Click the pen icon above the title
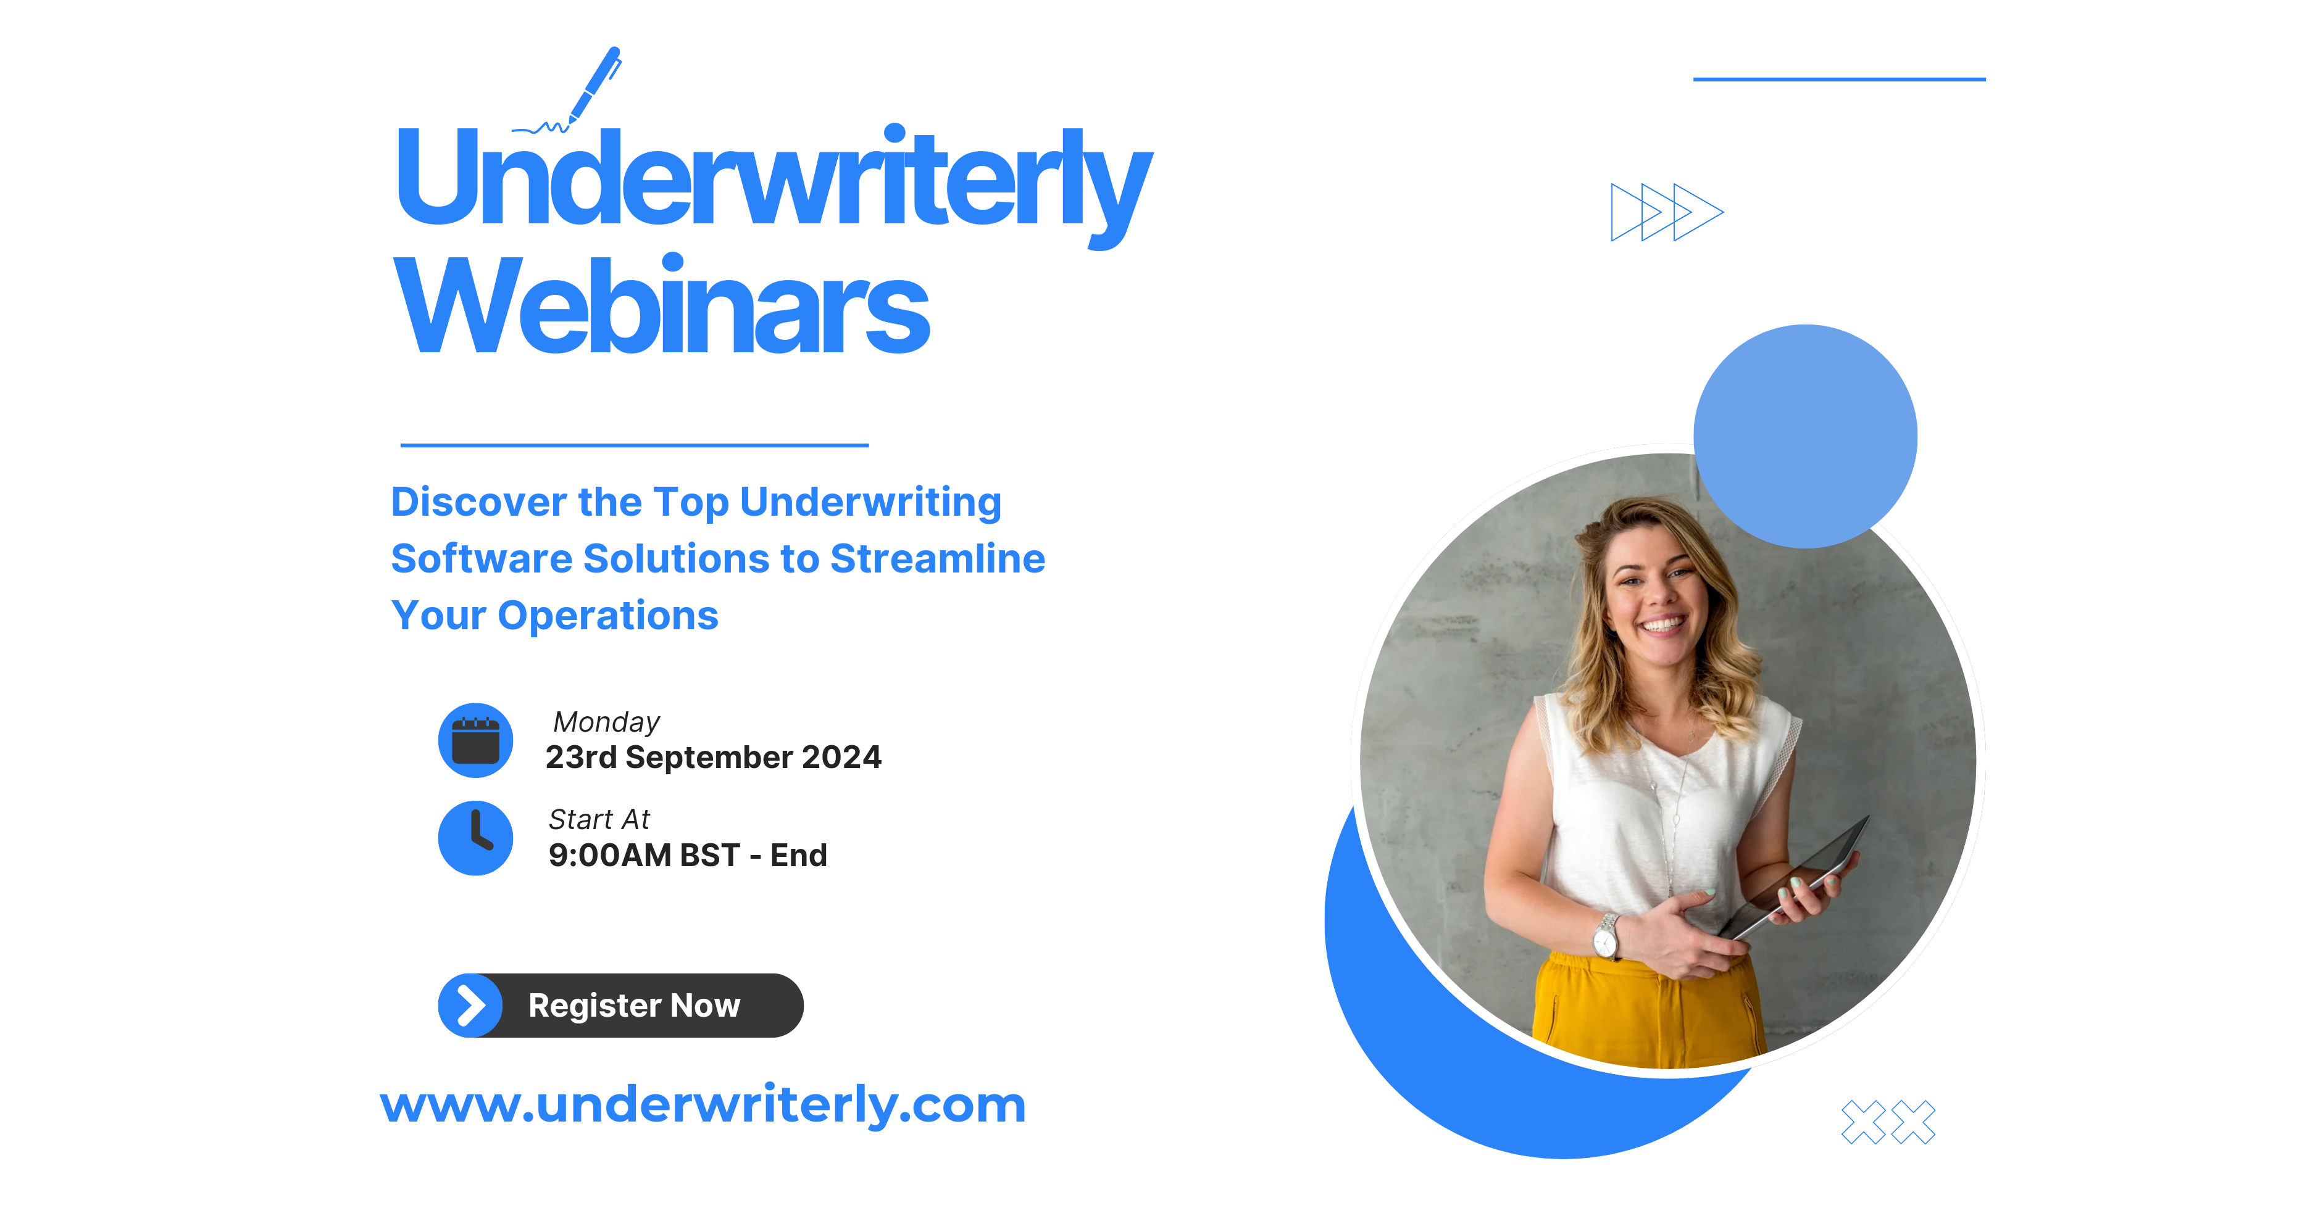click(x=594, y=85)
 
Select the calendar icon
click(x=475, y=740)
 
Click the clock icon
click(x=475, y=837)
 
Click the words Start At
click(x=599, y=819)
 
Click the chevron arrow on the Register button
click(x=470, y=1006)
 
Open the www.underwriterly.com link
click(x=703, y=1104)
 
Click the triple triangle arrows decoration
click(x=1666, y=213)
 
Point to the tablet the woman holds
click(x=1797, y=880)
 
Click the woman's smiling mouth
click(x=1662, y=622)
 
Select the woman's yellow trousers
click(x=1645, y=1011)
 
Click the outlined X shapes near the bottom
click(x=1887, y=1122)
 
